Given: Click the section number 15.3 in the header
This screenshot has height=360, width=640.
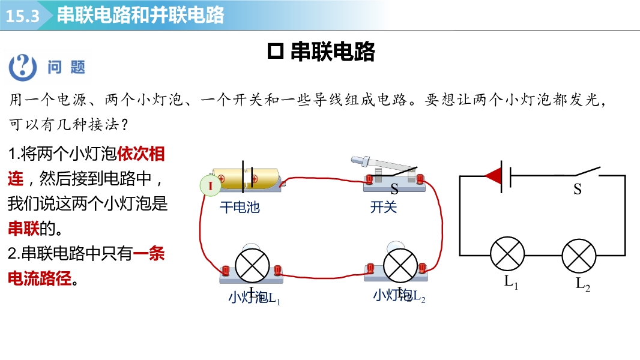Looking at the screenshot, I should tap(23, 16).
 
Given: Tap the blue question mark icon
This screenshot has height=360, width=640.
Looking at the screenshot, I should tap(22, 66).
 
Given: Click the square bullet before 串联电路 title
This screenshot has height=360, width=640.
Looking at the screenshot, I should tap(275, 52).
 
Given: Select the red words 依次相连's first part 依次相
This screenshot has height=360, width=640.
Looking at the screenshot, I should tap(141, 154).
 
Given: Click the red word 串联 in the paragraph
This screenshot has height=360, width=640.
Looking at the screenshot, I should tap(23, 229).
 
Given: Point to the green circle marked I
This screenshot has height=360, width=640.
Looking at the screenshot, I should tap(211, 186).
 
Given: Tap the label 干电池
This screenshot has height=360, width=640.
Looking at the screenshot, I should tap(240, 208).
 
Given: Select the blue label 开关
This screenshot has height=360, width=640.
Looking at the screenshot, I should tap(384, 208).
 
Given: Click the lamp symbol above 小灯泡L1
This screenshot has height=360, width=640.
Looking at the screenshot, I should tap(252, 265).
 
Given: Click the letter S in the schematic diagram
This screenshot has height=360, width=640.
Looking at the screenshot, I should tap(578, 190).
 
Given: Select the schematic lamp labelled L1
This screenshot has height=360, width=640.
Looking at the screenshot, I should tap(508, 254).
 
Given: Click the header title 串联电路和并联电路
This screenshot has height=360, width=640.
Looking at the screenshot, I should tap(140, 15).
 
